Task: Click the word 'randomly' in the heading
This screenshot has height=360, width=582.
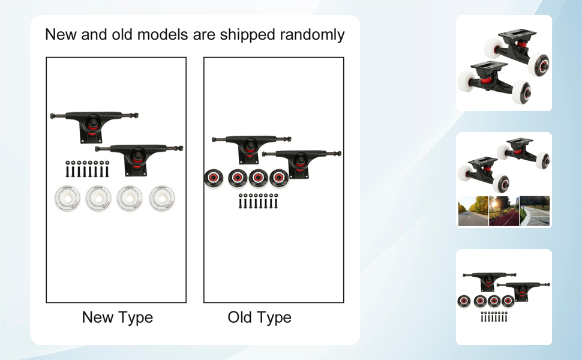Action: click(312, 35)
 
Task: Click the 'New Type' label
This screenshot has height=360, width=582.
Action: click(117, 317)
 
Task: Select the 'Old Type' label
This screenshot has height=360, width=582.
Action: click(259, 317)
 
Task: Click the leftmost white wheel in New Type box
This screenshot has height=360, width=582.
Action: click(67, 198)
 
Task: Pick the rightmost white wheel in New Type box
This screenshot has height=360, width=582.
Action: click(162, 198)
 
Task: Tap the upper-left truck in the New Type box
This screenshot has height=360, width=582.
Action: click(94, 125)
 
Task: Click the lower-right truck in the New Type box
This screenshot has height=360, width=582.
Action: click(139, 158)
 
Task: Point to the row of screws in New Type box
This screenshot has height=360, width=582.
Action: click(87, 169)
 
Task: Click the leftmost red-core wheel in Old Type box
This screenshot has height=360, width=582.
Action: click(214, 179)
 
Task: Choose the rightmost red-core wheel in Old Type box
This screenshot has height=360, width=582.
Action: click(279, 179)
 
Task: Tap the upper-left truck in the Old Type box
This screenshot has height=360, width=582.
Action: click(251, 148)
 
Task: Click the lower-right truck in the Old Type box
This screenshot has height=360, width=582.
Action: click(301, 163)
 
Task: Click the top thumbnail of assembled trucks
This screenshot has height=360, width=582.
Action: click(503, 63)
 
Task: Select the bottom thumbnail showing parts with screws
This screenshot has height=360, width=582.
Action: click(503, 297)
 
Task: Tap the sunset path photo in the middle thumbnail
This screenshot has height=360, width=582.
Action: click(503, 211)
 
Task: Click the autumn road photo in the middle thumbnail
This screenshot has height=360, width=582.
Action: click(473, 211)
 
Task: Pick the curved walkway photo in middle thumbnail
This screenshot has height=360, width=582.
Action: click(535, 211)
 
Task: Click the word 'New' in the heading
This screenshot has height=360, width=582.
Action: click(61, 35)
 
